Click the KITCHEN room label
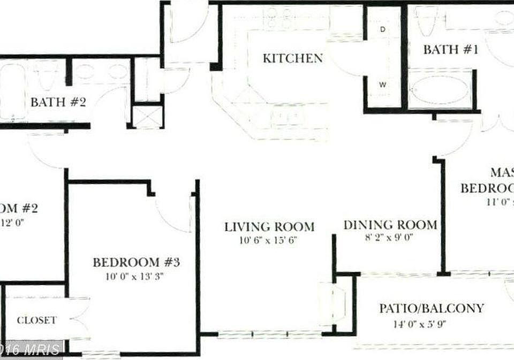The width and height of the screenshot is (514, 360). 292,58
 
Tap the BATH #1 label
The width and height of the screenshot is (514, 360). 450,50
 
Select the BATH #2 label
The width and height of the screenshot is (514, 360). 58,102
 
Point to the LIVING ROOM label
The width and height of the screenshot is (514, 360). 269,226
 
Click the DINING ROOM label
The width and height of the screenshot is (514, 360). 390,225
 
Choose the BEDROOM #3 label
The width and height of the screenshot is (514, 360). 135,263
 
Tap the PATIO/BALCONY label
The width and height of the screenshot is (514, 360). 432,308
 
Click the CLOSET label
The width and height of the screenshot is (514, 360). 36,320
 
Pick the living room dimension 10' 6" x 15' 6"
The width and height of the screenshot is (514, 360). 269,240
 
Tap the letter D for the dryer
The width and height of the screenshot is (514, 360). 383,29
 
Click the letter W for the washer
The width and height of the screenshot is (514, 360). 383,84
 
